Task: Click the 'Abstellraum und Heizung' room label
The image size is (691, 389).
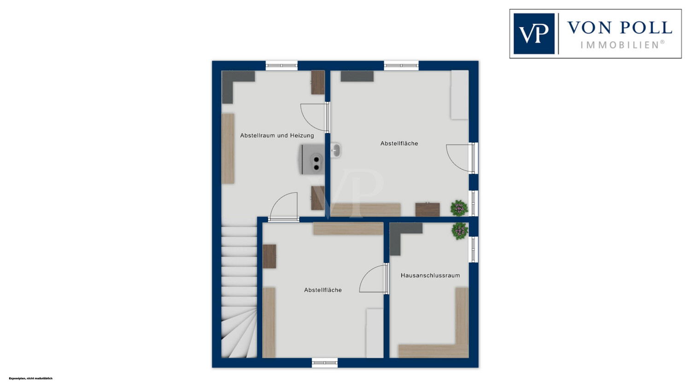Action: pos(277,136)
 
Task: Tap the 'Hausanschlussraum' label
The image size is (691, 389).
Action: pos(430,275)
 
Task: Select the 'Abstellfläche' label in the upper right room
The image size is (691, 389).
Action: pos(399,144)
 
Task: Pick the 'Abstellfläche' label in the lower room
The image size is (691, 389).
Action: pos(323,290)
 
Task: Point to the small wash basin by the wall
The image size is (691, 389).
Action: pos(336,150)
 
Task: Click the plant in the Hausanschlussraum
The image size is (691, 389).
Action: pos(460,231)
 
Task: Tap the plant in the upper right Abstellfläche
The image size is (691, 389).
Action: pos(459,208)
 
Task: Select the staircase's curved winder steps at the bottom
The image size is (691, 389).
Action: pos(239,332)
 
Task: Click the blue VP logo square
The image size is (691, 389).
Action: pos(534,34)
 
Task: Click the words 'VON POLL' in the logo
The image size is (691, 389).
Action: pos(620,28)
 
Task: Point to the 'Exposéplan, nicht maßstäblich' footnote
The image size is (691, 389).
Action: pos(30,378)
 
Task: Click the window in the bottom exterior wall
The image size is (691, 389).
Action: pos(324,363)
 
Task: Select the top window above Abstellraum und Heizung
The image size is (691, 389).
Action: pos(281,66)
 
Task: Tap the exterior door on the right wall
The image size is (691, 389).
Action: pos(462,158)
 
